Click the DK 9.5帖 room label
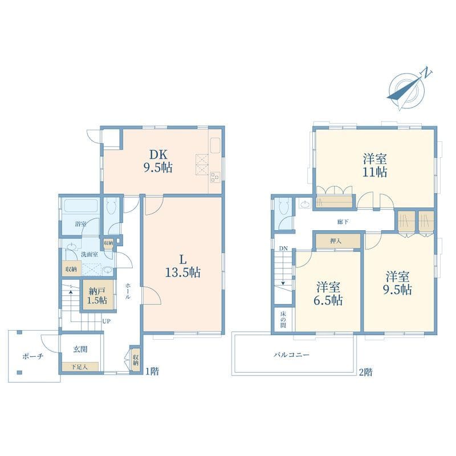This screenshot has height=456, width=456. point(158,161)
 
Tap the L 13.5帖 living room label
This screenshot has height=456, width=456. point(182,266)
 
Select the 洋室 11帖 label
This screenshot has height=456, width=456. point(374,165)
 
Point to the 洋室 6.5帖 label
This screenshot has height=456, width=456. point(328,294)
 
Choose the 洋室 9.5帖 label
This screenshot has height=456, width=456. point(397,283)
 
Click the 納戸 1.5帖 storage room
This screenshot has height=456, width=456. point(97,295)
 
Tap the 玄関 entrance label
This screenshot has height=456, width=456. point(80,349)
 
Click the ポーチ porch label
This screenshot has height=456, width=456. point(33,356)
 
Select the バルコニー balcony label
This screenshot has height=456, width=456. point(291,355)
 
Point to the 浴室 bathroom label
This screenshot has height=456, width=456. point(80,224)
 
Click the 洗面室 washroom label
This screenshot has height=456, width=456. point(89,254)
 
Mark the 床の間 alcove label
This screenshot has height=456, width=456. point(283,320)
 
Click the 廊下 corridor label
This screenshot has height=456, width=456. point(343,222)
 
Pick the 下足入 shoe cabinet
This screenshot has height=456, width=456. point(80,367)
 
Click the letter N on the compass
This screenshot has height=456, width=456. point(426,72)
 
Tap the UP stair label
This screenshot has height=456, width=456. point(106,321)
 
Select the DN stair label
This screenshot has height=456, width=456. point(283,249)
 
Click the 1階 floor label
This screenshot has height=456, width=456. point(152,372)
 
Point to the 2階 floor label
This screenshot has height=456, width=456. point(365,372)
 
